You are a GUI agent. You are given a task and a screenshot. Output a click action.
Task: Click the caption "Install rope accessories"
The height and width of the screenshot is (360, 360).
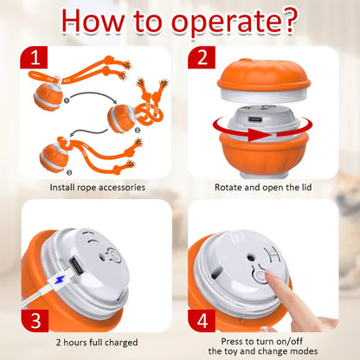[x=97, y=187]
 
